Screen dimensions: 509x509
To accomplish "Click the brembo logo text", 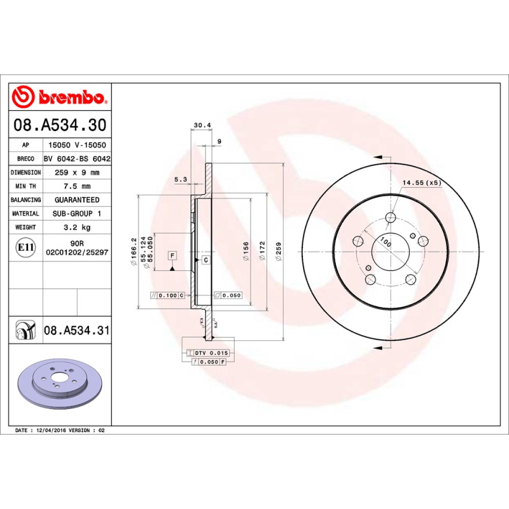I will [71, 97].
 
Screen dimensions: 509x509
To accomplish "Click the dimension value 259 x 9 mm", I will [77, 172].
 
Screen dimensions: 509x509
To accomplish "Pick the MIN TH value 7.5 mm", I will [77, 186].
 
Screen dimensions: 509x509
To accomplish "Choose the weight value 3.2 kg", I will [77, 227].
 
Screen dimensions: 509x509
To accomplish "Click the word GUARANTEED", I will [77, 200].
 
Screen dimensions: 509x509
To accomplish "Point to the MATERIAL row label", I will [25, 214].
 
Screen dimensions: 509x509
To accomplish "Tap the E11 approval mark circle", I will [25, 247].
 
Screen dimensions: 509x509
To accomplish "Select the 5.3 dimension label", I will [180, 180].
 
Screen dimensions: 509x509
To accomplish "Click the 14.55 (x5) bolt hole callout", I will [421, 183].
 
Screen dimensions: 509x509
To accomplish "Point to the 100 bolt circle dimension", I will [385, 242].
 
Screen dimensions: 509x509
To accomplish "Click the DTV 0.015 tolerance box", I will [211, 352].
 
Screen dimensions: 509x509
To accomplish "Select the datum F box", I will [172, 255].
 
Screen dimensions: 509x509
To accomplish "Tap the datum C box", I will [206, 260].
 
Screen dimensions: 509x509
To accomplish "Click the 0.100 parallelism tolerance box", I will [167, 295].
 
